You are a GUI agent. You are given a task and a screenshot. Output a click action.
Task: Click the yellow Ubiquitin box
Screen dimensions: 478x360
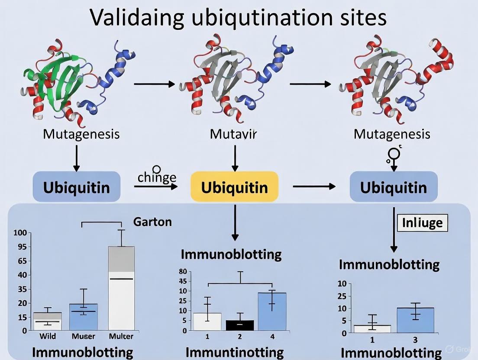tap(234, 187)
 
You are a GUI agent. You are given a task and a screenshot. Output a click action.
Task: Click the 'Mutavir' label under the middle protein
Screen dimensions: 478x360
tap(233, 134)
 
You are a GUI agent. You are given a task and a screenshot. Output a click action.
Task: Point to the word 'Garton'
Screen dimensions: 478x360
tap(152, 222)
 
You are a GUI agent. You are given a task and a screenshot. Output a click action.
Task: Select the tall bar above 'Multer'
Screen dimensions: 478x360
tap(121, 288)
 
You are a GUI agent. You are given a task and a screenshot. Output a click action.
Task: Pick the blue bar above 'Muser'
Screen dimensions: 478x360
tap(84, 316)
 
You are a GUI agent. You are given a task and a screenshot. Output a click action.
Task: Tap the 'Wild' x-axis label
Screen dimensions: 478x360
tap(48, 336)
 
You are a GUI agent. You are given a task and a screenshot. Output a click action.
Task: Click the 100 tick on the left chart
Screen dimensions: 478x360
tap(21, 233)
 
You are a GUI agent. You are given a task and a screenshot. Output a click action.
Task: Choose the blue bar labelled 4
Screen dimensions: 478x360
tap(271, 312)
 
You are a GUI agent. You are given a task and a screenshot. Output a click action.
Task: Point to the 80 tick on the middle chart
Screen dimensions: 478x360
tap(182, 272)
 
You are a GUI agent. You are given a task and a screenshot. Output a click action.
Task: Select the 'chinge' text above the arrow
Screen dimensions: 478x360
tap(157, 177)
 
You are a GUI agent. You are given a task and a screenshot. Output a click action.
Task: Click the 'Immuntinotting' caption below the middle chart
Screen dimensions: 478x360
tap(234, 353)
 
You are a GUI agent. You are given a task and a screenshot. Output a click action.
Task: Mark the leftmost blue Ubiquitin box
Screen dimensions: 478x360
tap(76, 187)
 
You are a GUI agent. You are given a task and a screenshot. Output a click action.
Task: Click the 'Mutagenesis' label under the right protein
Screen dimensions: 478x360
tap(392, 134)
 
